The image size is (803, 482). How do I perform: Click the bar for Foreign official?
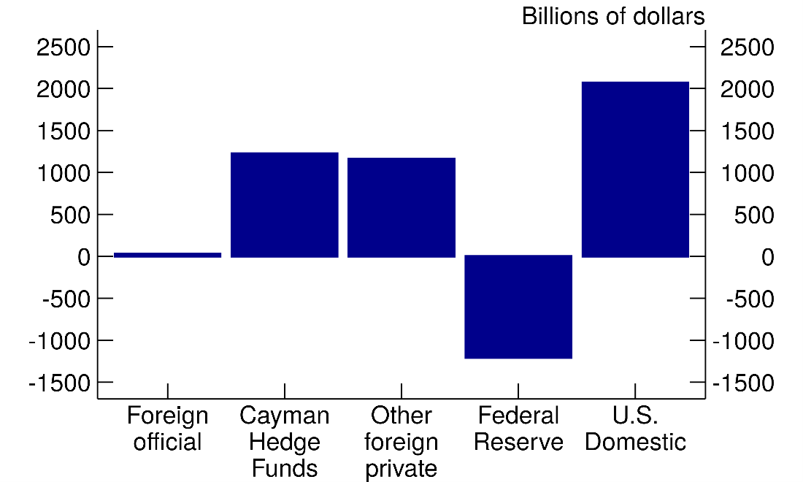[167, 255]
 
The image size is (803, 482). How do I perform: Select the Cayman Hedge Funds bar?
[285, 205]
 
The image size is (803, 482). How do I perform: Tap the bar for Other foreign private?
[401, 207]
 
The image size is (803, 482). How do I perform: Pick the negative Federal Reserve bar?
[518, 307]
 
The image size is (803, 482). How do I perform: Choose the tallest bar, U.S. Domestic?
[635, 169]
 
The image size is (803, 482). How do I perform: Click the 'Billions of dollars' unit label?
[613, 16]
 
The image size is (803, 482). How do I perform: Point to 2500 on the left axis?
[64, 47]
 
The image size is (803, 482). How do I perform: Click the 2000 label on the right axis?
[747, 89]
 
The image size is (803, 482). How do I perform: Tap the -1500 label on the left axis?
[59, 383]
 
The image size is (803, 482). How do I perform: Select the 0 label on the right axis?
[767, 257]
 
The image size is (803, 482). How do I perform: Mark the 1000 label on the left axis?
[64, 173]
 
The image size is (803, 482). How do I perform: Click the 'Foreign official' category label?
[167, 429]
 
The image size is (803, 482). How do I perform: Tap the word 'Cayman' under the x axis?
[285, 416]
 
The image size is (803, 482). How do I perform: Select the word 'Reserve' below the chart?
[518, 443]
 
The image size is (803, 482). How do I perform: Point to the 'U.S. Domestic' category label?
[635, 429]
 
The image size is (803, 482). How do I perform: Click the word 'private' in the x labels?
[401, 469]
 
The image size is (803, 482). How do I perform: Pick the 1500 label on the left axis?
[64, 131]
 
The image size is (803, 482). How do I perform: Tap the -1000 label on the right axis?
[743, 341]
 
